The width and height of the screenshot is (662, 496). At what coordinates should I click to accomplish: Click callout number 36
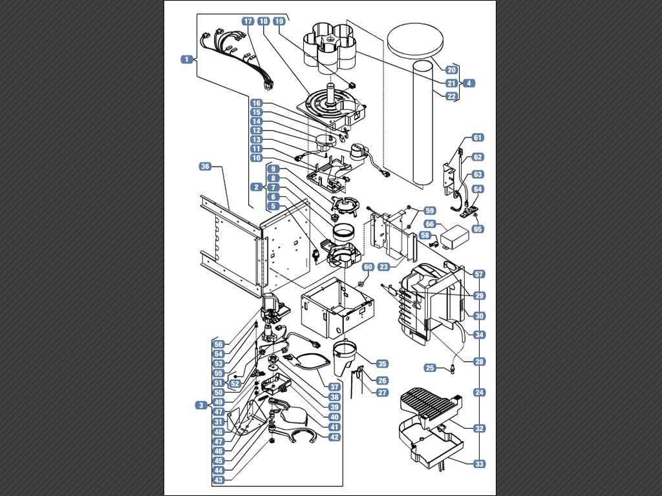pyautogui.click(x=205, y=167)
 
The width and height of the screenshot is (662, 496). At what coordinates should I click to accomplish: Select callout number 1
pyautogui.click(x=186, y=59)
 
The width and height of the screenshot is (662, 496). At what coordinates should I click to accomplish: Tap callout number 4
pyautogui.click(x=469, y=83)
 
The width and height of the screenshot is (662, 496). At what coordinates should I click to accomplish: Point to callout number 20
pyautogui.click(x=451, y=70)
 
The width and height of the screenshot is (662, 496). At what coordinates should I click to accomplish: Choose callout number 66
pyautogui.click(x=429, y=223)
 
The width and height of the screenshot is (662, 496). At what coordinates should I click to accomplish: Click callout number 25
pyautogui.click(x=430, y=367)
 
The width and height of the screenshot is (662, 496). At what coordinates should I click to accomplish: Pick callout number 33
pyautogui.click(x=479, y=464)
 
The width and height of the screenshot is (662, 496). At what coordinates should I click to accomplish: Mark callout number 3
pyautogui.click(x=202, y=405)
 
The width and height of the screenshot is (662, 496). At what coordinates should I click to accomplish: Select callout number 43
pyautogui.click(x=219, y=480)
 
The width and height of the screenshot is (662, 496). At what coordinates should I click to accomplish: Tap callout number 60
pyautogui.click(x=368, y=267)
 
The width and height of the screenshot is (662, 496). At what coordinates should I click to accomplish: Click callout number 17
pyautogui.click(x=248, y=21)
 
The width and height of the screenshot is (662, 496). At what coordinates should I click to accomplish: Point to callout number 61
pyautogui.click(x=478, y=138)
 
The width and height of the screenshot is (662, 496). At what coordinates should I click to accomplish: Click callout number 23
pyautogui.click(x=383, y=267)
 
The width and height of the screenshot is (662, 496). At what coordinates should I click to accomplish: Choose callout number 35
pyautogui.click(x=382, y=364)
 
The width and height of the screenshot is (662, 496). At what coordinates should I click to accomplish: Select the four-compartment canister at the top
pyautogui.click(x=330, y=46)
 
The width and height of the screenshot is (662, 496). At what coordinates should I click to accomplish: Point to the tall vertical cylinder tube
pyautogui.click(x=423, y=123)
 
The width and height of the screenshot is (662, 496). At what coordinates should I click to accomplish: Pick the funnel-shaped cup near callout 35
pyautogui.click(x=347, y=356)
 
